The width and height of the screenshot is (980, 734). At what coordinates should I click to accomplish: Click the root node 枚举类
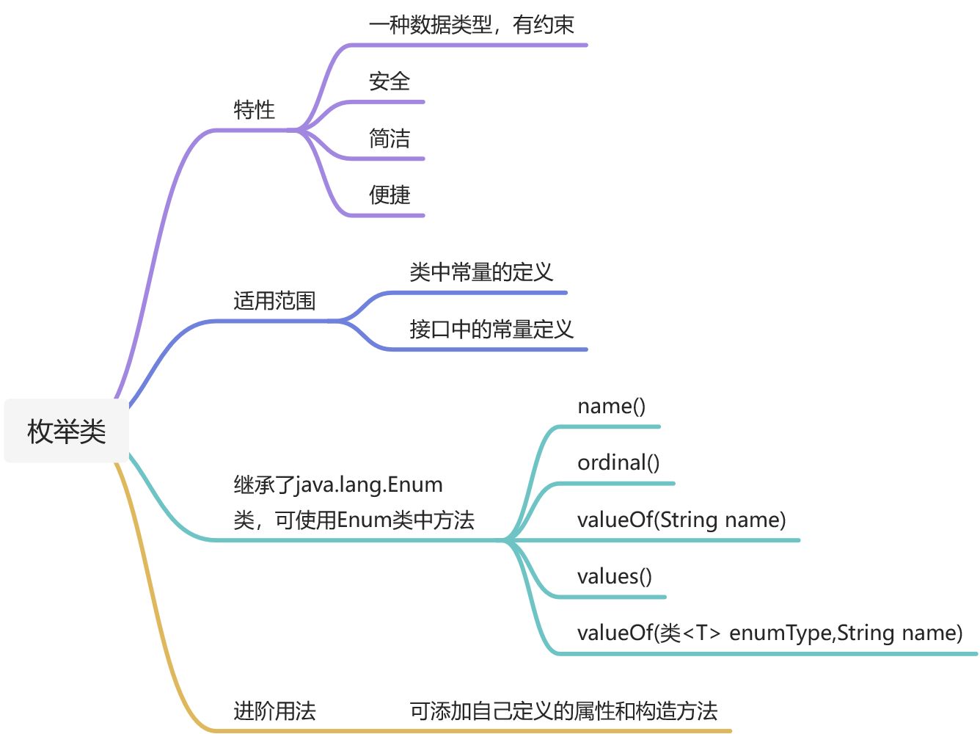pyautogui.click(x=67, y=431)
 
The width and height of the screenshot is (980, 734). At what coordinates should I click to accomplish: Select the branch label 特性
pyautogui.click(x=254, y=110)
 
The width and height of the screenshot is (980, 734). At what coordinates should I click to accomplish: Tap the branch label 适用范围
pyautogui.click(x=274, y=301)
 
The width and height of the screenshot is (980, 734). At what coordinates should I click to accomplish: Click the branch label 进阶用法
pyautogui.click(x=274, y=711)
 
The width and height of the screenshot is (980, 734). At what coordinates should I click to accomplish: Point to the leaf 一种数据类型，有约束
pyautogui.click(x=471, y=25)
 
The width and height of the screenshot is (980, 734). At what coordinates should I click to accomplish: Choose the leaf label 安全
pyautogui.click(x=389, y=81)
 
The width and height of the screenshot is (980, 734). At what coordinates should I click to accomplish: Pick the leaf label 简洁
pyautogui.click(x=389, y=138)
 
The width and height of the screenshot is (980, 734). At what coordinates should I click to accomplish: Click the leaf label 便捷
pyautogui.click(x=389, y=195)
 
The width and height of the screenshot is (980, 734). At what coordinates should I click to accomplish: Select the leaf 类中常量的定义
pyautogui.click(x=480, y=272)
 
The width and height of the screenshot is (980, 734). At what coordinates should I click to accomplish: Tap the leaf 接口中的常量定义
pyautogui.click(x=491, y=329)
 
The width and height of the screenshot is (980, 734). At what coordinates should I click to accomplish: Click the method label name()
pyautogui.click(x=611, y=406)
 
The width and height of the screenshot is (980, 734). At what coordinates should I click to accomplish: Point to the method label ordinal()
pyautogui.click(x=618, y=462)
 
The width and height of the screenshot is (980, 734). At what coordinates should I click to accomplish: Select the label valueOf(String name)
pyautogui.click(x=681, y=520)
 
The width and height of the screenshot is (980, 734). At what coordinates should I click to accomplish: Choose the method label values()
pyautogui.click(x=614, y=576)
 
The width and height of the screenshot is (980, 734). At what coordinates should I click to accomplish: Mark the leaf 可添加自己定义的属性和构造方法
pyautogui.click(x=563, y=711)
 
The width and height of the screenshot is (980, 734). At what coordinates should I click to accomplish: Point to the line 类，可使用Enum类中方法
pyautogui.click(x=354, y=520)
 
